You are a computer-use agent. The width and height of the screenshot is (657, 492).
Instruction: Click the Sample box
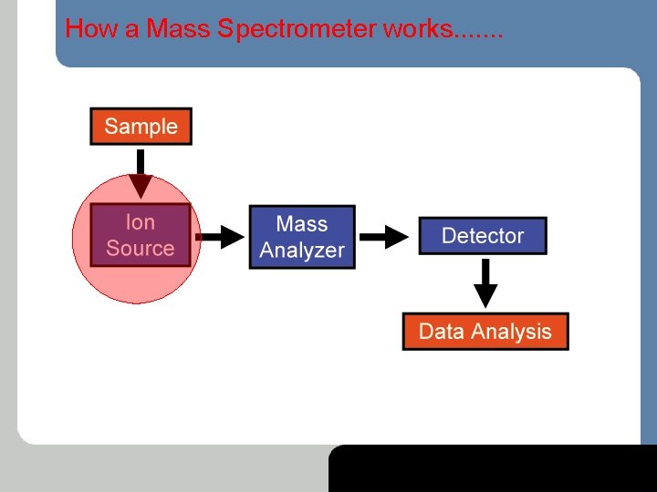(141, 127)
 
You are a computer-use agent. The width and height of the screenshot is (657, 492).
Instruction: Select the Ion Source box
(140, 235)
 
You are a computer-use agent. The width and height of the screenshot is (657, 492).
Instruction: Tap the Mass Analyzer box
(301, 237)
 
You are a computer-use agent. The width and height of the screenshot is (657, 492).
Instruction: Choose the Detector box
(482, 236)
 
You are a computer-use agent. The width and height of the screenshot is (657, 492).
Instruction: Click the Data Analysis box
(485, 332)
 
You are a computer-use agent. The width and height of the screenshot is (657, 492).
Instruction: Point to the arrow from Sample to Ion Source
(140, 174)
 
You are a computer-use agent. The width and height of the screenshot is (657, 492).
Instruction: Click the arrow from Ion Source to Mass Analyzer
(219, 237)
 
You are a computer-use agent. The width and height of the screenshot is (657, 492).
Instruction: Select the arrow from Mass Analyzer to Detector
(386, 238)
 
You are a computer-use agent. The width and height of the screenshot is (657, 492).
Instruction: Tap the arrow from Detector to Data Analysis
(486, 283)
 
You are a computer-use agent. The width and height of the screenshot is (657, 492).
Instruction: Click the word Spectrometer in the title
(297, 29)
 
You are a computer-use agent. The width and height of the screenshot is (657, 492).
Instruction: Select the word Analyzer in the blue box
(301, 251)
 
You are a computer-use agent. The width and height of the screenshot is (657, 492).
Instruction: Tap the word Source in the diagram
(140, 248)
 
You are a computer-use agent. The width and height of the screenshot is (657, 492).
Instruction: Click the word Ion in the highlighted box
(140, 222)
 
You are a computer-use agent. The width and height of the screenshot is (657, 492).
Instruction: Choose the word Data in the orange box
(441, 332)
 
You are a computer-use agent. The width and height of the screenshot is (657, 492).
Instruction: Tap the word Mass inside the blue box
(301, 224)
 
